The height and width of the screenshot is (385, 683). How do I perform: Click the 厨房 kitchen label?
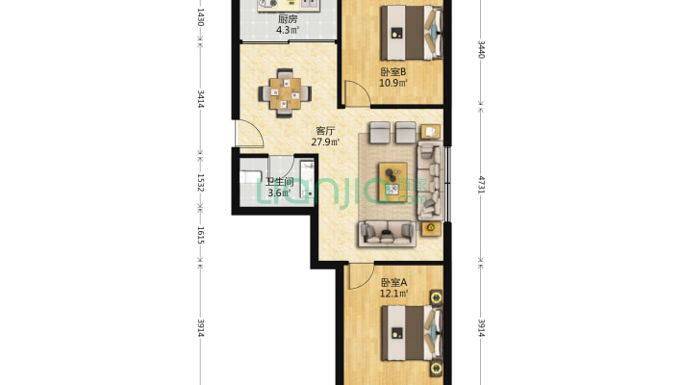coord(288,19)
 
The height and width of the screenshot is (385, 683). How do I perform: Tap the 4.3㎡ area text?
coord(288,30)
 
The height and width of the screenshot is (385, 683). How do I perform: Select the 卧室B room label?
coord(392,71)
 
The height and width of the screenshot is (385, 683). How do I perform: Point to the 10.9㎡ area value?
coord(392,83)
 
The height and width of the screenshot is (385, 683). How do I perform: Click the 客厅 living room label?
coord(325,131)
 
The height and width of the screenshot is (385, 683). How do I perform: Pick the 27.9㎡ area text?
coord(325,141)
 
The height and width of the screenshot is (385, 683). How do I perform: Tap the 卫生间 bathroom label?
coord(279,182)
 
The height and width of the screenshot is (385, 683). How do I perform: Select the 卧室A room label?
coord(393,282)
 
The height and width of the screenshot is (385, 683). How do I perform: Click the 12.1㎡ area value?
coord(393,294)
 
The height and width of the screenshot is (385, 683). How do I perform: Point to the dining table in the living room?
coord(285,93)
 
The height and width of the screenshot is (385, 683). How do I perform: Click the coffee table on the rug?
coord(392,182)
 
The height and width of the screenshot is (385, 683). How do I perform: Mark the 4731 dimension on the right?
coord(481,184)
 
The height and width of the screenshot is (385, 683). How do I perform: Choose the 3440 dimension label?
coord(481,49)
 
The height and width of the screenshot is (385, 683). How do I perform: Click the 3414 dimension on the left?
coord(201,99)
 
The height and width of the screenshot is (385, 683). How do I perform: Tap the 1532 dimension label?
coord(201,183)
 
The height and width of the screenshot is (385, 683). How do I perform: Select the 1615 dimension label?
coord(201,235)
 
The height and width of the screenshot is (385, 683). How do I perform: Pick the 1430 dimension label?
coord(201,17)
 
